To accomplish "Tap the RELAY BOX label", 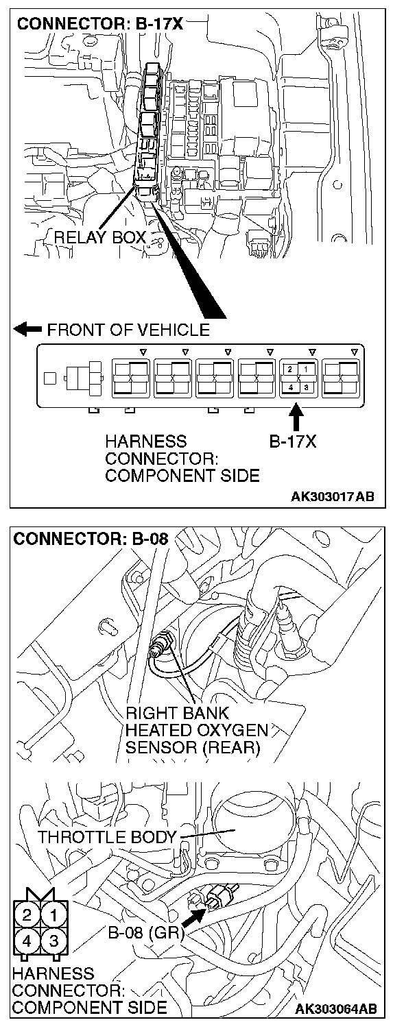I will (x=100, y=238).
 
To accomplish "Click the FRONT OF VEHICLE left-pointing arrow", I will (x=27, y=330).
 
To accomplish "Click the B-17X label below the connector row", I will (x=294, y=442).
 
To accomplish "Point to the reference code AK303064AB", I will (x=335, y=1010).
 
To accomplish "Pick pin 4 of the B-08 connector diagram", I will (x=27, y=940).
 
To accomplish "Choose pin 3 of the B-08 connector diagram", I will (x=53, y=940).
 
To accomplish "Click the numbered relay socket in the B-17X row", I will (x=297, y=378).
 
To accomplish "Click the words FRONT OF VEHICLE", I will (x=128, y=330).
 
